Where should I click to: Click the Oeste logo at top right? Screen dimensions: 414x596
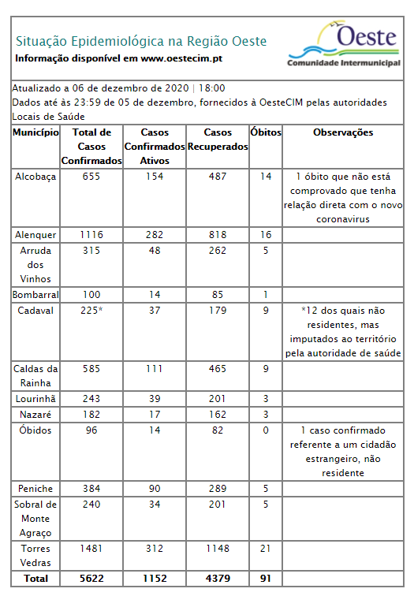point(343,44)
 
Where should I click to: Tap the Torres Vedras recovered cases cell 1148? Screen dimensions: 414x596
point(218,548)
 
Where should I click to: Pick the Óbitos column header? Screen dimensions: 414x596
point(266,132)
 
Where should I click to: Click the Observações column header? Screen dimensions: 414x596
point(343,132)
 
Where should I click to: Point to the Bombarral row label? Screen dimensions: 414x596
point(36,294)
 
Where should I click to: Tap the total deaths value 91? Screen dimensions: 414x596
point(266,579)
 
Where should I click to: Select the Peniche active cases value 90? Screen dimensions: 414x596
point(155,489)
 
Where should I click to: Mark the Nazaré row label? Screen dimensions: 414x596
point(36,414)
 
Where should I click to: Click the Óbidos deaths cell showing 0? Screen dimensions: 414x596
point(266,430)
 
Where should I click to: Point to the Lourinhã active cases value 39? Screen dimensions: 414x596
point(155,398)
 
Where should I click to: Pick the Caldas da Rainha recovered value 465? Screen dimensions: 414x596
point(218,368)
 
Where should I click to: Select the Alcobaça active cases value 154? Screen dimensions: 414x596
point(155,177)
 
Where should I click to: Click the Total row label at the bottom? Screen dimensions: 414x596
point(36,579)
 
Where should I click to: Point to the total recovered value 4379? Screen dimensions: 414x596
point(218,579)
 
